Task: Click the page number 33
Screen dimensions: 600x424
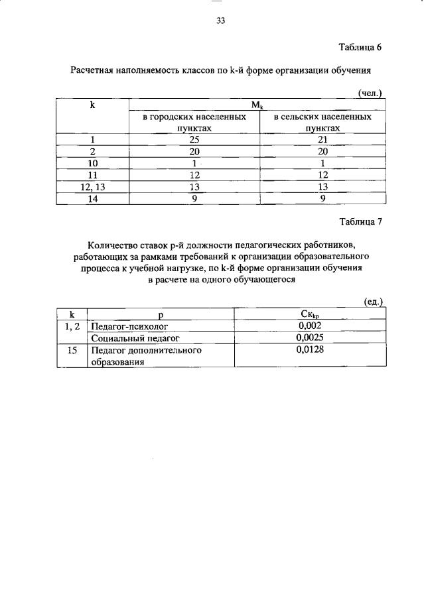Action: pos(221,21)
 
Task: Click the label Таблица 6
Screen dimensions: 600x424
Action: pos(360,47)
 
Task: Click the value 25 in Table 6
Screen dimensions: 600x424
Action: pos(194,139)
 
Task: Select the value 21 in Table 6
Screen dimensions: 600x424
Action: pos(322,139)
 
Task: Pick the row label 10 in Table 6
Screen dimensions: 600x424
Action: pos(93,163)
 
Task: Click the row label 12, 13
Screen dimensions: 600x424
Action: pos(93,187)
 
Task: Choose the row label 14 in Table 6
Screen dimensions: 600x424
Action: pos(93,198)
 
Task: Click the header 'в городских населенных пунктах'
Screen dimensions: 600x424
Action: pos(194,122)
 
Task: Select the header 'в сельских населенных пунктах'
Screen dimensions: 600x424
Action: pos(322,122)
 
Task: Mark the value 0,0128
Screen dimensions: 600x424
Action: pos(311,349)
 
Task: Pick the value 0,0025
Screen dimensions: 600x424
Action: pos(311,337)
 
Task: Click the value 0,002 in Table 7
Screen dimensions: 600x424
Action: pos(311,326)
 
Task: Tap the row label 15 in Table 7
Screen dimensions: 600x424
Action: pos(72,349)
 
